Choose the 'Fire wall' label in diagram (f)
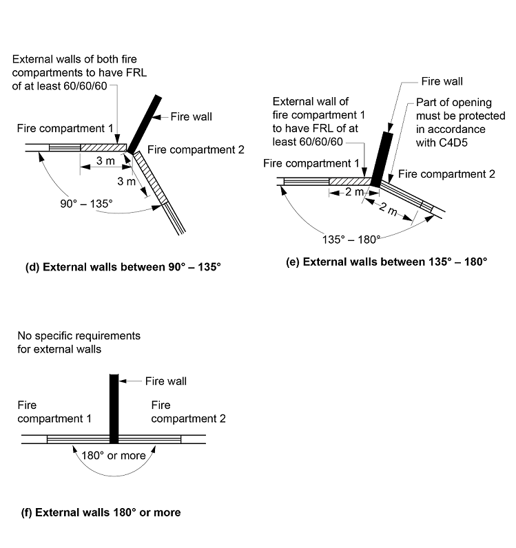point(165,381)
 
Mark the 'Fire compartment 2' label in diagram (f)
point(188,412)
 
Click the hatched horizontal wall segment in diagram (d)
point(103,147)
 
